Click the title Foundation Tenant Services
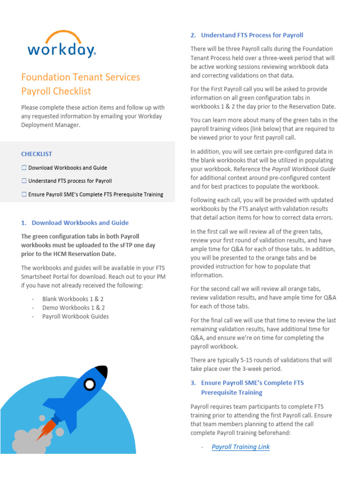click(81, 77)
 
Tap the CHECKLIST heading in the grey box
click(37, 154)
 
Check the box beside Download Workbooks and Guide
click(24, 168)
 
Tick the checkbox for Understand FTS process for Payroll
click(24, 181)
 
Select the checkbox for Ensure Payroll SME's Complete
click(24, 195)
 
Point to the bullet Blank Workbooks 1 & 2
click(73, 299)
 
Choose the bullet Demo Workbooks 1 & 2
click(73, 307)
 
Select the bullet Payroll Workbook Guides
click(75, 316)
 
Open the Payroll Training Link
click(240, 447)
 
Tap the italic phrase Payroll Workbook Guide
click(303, 169)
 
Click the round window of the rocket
click(89, 384)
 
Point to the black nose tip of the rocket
click(103, 372)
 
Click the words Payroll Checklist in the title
click(56, 91)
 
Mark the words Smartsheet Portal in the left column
click(46, 276)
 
